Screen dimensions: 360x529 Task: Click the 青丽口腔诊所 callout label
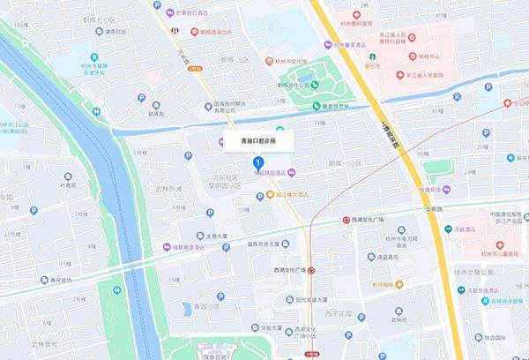(257, 140)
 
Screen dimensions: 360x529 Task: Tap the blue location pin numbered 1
(257, 163)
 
